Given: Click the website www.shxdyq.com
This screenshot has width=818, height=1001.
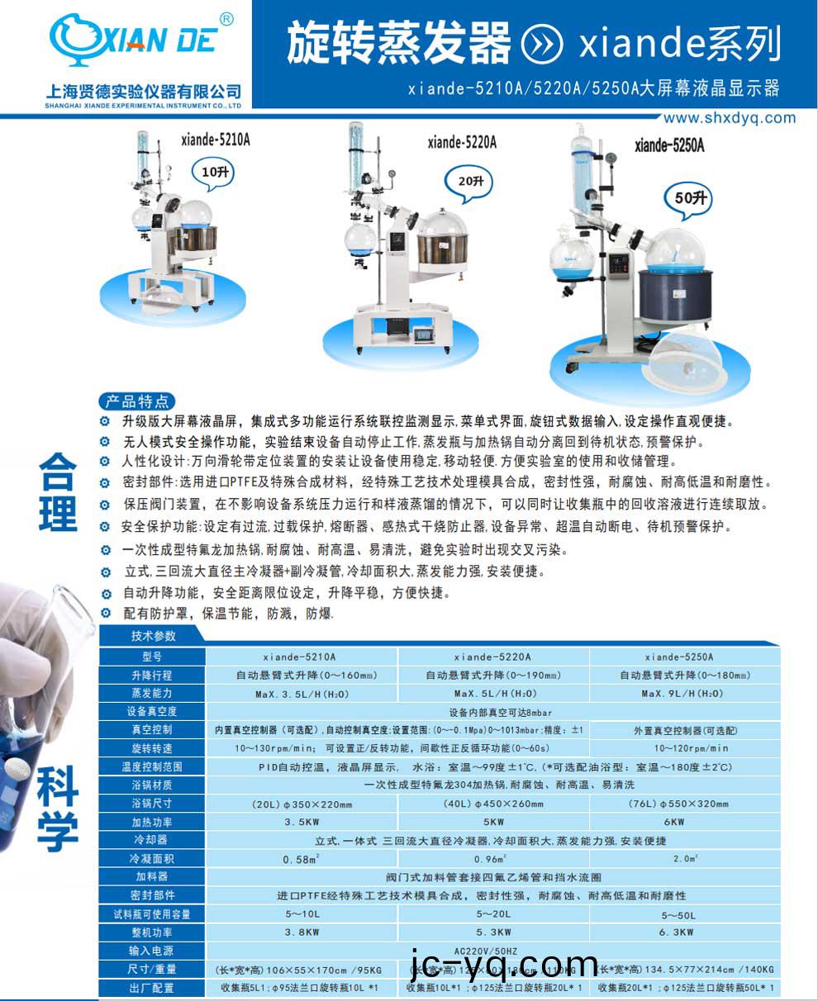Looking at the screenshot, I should [x=730, y=117].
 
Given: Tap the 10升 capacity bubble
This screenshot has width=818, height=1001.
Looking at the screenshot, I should [x=218, y=173].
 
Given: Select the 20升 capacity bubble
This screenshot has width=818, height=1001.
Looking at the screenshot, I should [x=473, y=179].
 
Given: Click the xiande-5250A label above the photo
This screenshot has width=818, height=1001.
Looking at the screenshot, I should [x=669, y=145].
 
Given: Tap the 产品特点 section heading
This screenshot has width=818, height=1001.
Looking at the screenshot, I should [x=137, y=401].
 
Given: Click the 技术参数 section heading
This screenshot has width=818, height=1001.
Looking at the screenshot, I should [x=154, y=636].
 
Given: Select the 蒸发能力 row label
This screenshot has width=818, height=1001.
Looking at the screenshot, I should [x=153, y=694].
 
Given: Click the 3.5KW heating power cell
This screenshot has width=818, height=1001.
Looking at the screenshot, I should [x=301, y=822].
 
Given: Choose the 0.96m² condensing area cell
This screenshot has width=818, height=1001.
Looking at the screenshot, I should [x=493, y=859].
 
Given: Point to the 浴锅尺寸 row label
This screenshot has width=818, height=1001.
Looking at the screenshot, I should [x=153, y=804].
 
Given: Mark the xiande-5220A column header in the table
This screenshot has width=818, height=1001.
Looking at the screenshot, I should [x=493, y=657].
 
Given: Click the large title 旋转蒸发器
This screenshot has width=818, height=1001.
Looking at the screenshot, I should [x=399, y=43].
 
